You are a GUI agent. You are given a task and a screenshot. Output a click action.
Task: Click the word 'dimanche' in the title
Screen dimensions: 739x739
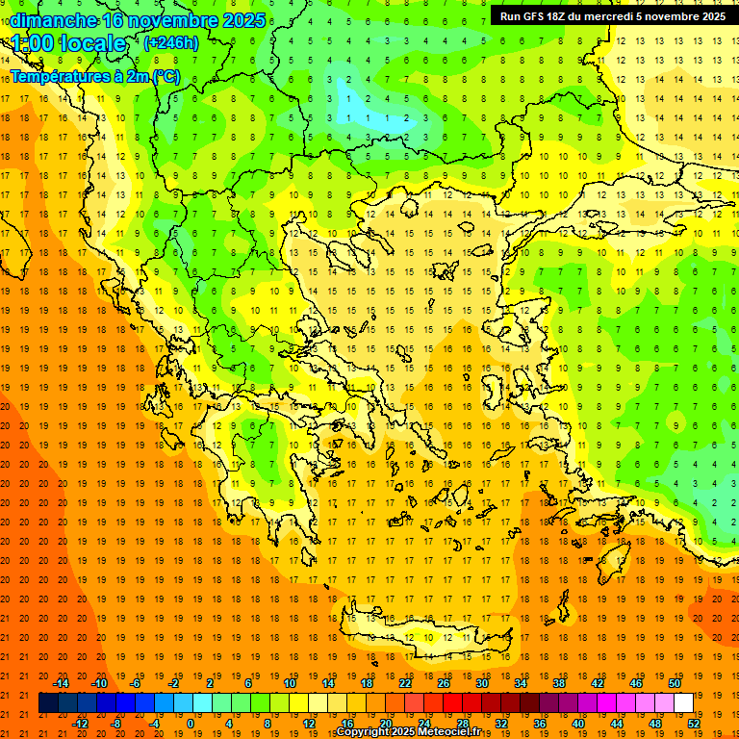click(x=53, y=20)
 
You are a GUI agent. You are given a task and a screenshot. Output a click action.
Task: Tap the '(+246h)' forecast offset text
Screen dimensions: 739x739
click(x=171, y=42)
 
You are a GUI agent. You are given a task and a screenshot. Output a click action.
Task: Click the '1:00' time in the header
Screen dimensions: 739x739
click(x=33, y=43)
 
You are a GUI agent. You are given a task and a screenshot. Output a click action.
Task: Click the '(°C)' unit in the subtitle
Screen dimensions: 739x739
click(x=166, y=76)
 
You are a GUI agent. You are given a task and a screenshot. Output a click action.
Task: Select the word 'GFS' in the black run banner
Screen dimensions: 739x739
click(x=538, y=16)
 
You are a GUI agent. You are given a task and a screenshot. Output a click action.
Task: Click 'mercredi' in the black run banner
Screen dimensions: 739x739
click(x=614, y=16)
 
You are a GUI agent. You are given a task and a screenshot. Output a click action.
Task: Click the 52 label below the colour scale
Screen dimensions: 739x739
click(x=694, y=723)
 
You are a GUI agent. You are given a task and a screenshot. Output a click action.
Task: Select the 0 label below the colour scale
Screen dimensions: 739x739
click(x=191, y=723)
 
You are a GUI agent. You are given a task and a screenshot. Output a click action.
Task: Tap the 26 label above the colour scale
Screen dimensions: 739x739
click(x=444, y=683)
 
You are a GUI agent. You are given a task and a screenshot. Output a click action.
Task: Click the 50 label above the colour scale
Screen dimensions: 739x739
click(x=675, y=683)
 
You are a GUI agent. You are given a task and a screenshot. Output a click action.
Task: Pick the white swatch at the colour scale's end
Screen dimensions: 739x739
click(x=684, y=703)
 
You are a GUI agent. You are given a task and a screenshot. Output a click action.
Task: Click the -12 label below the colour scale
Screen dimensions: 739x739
click(x=80, y=723)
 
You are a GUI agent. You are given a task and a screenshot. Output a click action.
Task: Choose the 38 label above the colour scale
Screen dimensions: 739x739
click(x=559, y=683)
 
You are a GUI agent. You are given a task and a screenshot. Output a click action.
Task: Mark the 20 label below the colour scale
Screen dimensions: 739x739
click(x=386, y=723)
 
